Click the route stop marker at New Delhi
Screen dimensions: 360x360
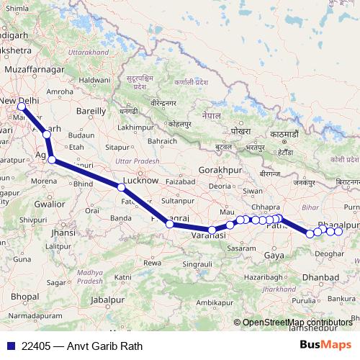[x=21, y=107]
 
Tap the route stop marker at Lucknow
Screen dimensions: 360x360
[x=121, y=187]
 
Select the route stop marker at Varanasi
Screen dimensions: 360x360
[x=212, y=230]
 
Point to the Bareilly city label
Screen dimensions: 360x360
[x=91, y=112]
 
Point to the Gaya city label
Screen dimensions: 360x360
[x=274, y=255]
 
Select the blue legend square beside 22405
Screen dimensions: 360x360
[x=9, y=346]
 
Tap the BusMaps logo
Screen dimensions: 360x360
[x=325, y=346]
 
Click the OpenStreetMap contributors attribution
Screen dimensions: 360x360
[x=297, y=323]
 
